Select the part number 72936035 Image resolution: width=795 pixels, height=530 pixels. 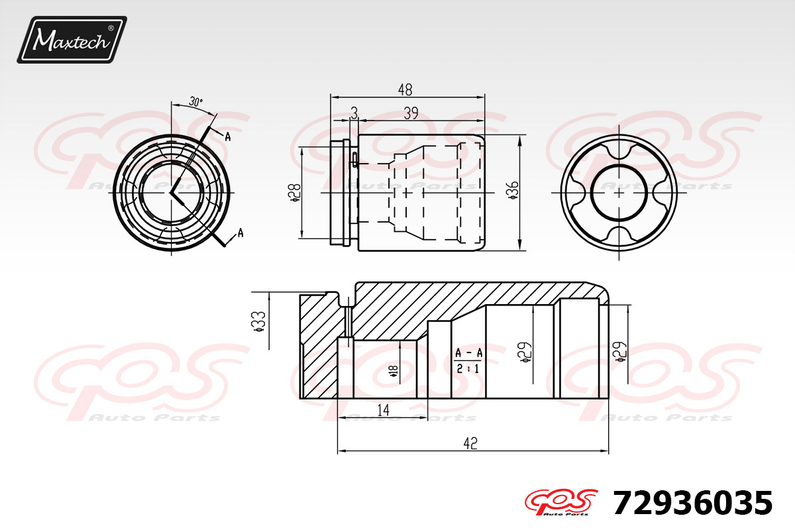coord(692,503)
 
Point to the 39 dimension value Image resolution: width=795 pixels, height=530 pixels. coord(411,114)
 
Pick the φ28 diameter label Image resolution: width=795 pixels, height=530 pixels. coord(296,193)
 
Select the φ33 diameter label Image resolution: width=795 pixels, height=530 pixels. coord(259,321)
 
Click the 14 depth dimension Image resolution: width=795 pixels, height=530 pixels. coord(382,411)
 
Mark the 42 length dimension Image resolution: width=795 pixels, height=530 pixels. coord(470,443)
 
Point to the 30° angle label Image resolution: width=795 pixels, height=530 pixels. coord(195,102)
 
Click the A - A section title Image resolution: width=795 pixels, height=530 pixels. coord(468,354)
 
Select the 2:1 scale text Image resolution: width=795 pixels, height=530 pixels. coord(468,369)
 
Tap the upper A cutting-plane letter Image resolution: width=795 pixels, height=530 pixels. coord(227,136)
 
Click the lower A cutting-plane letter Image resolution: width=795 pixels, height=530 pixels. coord(240,233)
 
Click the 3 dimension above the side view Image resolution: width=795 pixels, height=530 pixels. coord(354,114)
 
